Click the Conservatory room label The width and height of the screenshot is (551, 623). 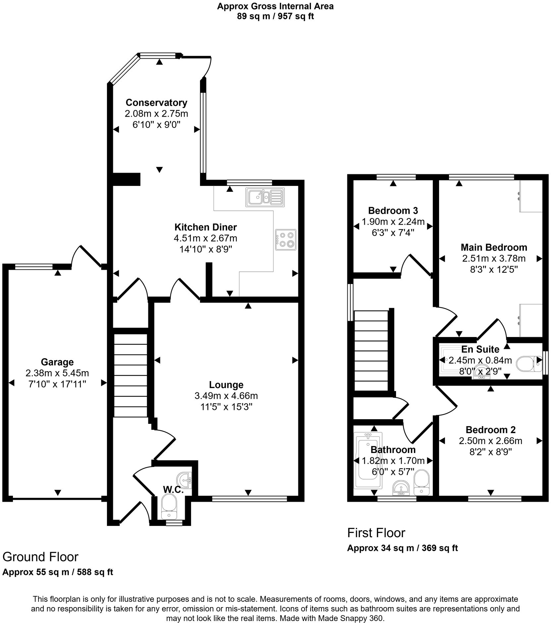156,102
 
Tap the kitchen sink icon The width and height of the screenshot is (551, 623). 265,197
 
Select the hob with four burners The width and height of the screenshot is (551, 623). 285,240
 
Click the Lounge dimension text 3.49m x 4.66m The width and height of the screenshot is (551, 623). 226,396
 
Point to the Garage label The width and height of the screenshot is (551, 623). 57,362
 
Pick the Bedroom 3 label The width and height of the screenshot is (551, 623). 393,210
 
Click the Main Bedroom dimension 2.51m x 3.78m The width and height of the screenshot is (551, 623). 494,258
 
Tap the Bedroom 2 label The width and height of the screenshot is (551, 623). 490,430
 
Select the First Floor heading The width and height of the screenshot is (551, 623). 376,533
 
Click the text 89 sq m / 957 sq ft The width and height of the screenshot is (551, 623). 275,16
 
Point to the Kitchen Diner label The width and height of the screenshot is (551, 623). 205,227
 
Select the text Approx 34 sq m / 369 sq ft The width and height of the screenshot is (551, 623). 402,548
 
